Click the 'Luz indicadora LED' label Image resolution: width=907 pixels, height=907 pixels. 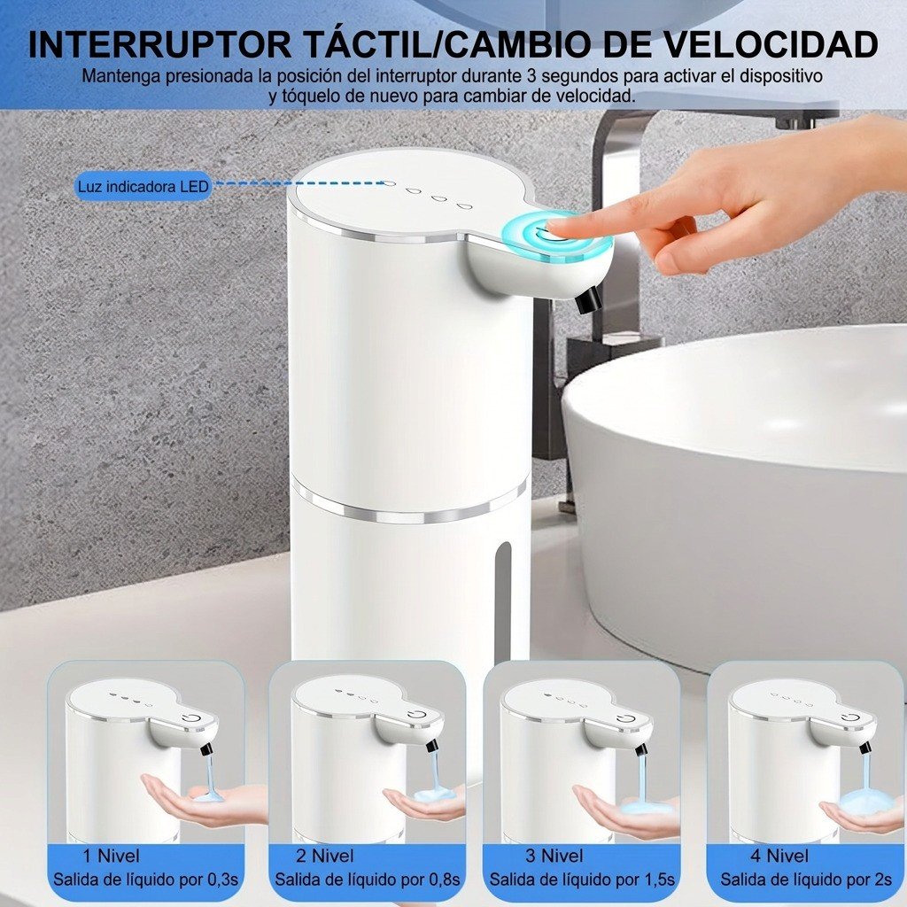[143, 187]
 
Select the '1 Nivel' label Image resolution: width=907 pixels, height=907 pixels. [112, 857]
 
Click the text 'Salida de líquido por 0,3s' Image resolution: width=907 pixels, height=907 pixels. [147, 880]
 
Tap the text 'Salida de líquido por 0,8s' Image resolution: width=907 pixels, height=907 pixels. [368, 880]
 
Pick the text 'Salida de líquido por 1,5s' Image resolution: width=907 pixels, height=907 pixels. [582, 880]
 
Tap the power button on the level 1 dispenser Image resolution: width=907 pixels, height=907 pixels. [187, 718]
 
